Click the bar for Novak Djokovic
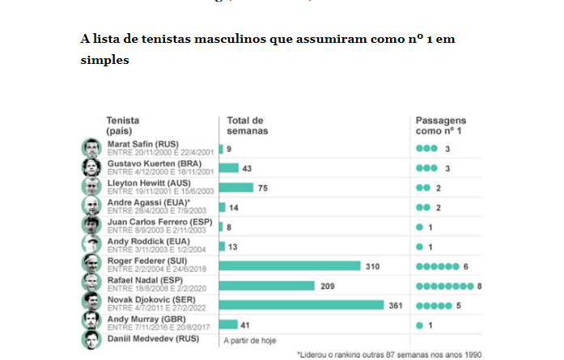point(301,304)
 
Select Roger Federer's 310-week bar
point(289,265)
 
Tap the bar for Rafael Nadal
point(266,285)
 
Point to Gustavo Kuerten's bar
point(228,167)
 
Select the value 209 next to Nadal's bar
point(327,285)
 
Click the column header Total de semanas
point(248,125)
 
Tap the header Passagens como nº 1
point(442,125)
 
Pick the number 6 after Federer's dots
point(466,265)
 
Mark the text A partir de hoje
point(250,340)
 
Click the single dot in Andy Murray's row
point(419,324)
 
